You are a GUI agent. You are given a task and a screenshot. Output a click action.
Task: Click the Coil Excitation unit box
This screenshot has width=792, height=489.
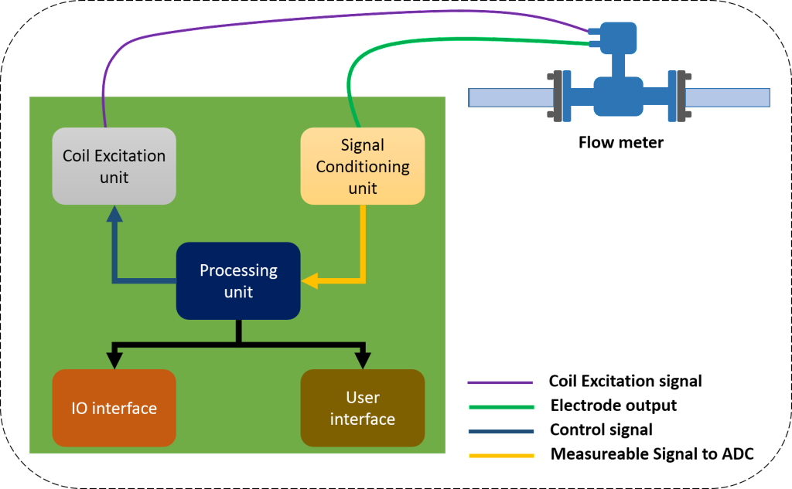(x=114, y=166)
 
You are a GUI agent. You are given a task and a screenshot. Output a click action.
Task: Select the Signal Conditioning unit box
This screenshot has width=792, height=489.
(x=362, y=166)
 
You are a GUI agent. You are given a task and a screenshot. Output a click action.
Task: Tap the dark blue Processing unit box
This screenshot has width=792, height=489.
(x=238, y=280)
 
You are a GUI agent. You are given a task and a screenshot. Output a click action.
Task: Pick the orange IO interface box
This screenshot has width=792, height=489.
(x=114, y=408)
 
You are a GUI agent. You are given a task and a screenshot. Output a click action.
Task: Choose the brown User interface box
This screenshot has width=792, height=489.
(x=362, y=408)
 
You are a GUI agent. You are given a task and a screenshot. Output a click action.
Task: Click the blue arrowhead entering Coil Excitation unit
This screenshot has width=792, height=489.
(x=114, y=213)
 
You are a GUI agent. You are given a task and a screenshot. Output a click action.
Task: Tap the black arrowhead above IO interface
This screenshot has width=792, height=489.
(x=114, y=359)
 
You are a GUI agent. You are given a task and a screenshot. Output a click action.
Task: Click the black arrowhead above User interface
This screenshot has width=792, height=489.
(x=362, y=359)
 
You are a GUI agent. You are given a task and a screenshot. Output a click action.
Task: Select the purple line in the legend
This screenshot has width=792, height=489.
(x=500, y=382)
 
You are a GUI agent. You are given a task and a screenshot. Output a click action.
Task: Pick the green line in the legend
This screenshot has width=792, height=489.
(x=500, y=406)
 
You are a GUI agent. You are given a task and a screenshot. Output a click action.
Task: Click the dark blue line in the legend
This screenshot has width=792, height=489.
(x=500, y=431)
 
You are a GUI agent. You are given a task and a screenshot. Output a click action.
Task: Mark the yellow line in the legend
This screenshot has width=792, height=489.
(x=500, y=456)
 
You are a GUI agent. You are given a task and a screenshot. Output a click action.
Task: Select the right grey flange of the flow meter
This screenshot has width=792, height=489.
(x=681, y=97)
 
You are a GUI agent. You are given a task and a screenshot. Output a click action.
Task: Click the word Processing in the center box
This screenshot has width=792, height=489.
(x=238, y=270)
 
